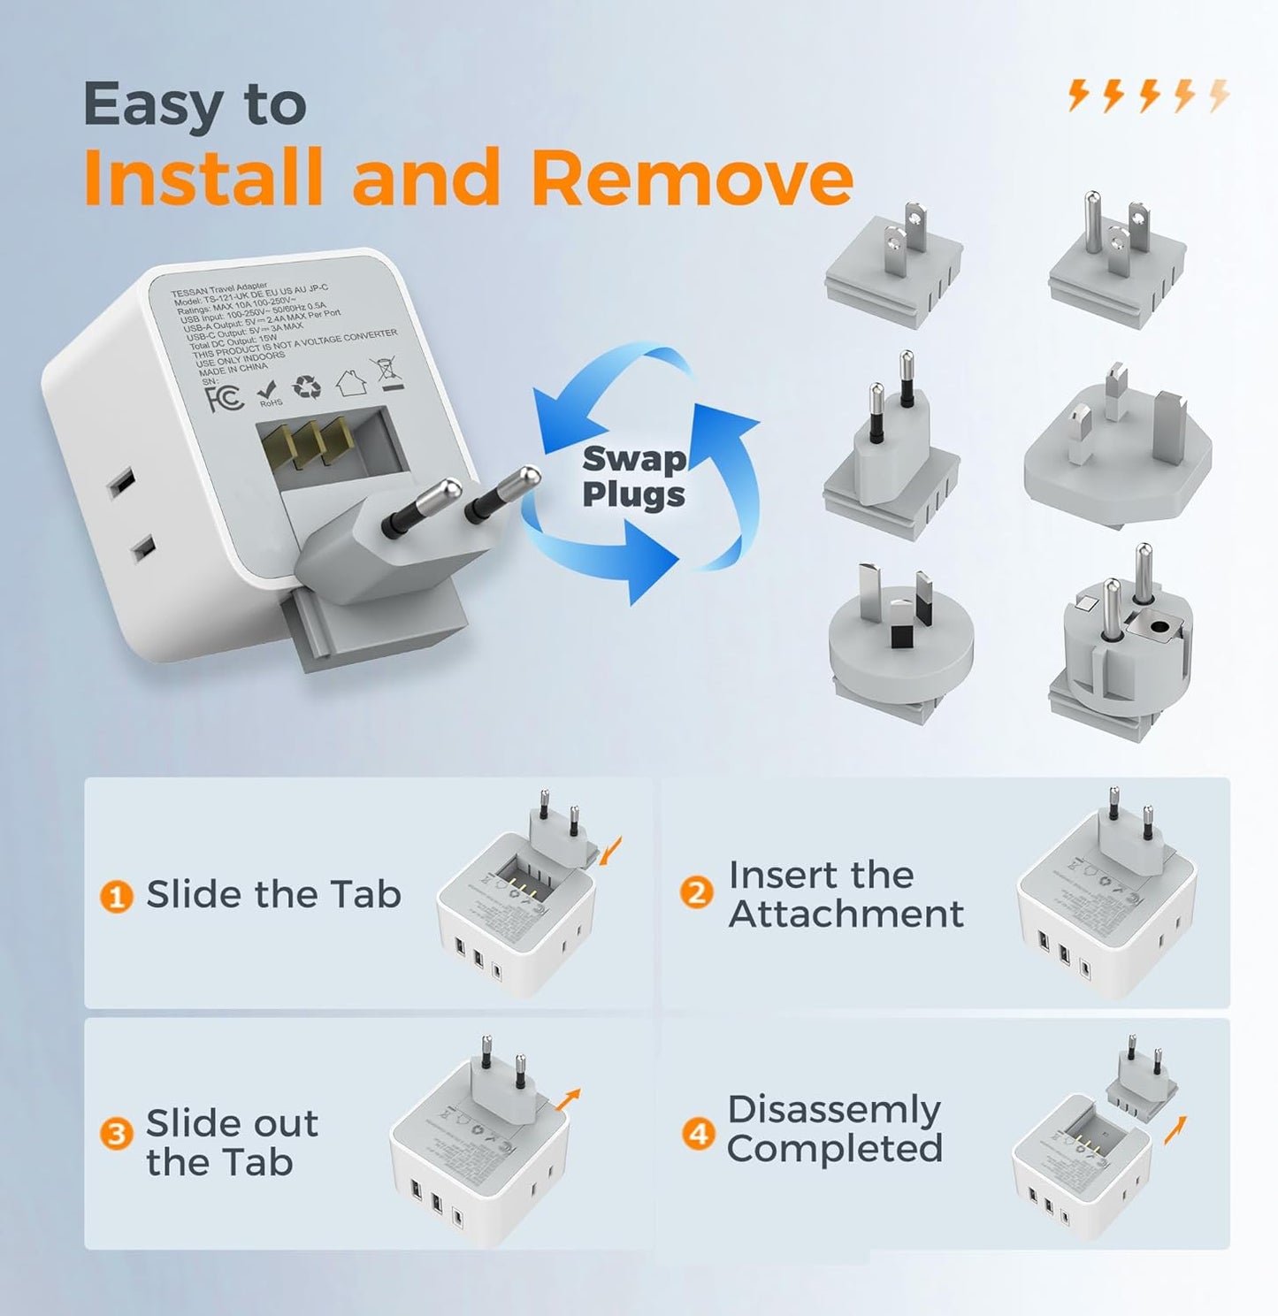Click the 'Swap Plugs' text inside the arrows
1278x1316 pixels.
pyautogui.click(x=633, y=477)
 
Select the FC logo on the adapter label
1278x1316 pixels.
pyautogui.click(x=225, y=399)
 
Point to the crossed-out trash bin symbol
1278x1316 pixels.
pyautogui.click(x=389, y=374)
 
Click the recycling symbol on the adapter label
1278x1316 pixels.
pyautogui.click(x=307, y=387)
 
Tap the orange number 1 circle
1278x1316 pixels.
pyautogui.click(x=116, y=896)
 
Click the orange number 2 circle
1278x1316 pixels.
pyautogui.click(x=697, y=893)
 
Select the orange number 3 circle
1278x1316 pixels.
pyautogui.click(x=116, y=1134)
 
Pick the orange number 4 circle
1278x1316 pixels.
pyautogui.click(x=699, y=1133)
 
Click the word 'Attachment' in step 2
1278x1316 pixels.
pyautogui.click(x=846, y=914)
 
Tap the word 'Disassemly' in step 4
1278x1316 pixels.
pyautogui.click(x=833, y=1110)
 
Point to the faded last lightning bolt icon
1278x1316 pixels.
pyautogui.click(x=1219, y=95)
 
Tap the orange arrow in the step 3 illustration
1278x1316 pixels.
pyautogui.click(x=570, y=1097)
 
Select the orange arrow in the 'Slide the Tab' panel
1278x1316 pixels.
pyautogui.click(x=610, y=850)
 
